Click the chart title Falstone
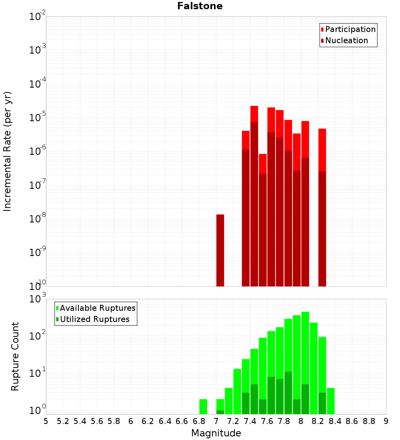click(200, 6)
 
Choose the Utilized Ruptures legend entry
click(94, 319)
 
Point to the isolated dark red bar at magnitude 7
click(220, 250)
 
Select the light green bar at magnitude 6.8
click(203, 406)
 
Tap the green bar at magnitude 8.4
click(331, 401)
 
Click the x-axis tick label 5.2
click(63, 421)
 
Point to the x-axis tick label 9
click(386, 421)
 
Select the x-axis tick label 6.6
click(182, 421)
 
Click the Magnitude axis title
click(216, 433)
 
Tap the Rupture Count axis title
click(15, 356)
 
